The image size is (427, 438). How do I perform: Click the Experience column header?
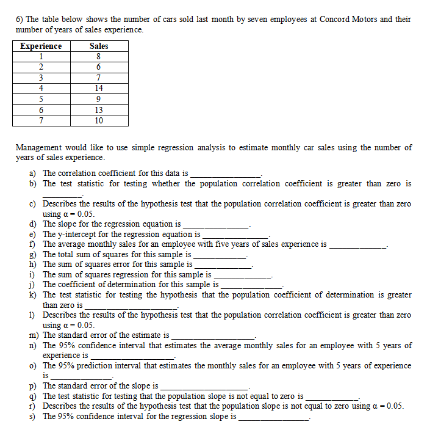coord(41,46)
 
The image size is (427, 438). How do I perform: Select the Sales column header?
coord(99,46)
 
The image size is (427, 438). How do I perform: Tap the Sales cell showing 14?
coord(99,88)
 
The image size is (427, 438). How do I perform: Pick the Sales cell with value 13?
coord(99,110)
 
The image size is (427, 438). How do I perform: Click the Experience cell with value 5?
coord(41,99)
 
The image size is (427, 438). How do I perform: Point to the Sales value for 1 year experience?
coord(99,57)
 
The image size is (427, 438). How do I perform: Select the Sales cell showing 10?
coord(99,120)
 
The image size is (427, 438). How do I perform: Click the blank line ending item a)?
coord(226,175)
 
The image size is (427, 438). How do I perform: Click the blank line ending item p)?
coord(204,387)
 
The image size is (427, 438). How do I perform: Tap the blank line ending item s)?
coord(274,418)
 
